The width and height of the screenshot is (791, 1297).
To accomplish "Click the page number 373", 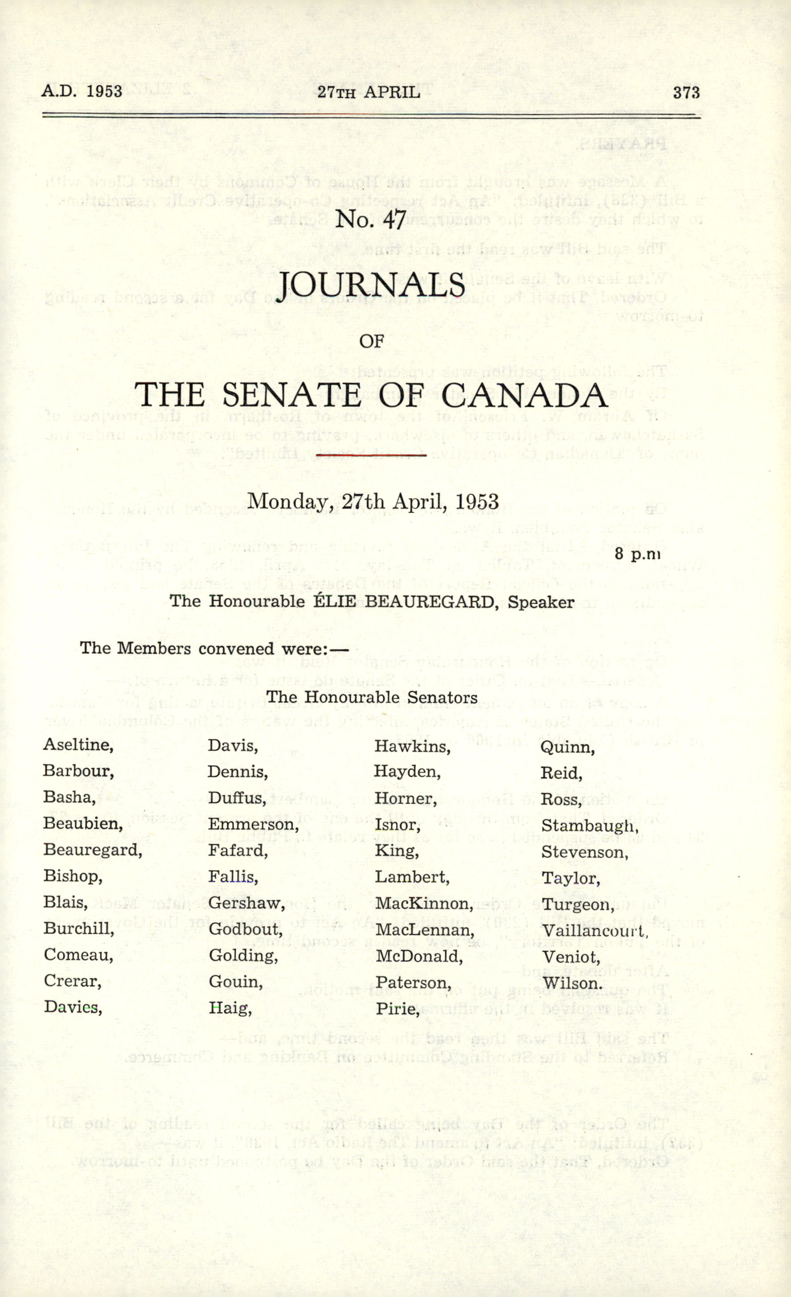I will (686, 93).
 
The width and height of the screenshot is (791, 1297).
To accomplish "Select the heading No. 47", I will (371, 219).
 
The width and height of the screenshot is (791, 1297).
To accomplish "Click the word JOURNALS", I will (371, 285).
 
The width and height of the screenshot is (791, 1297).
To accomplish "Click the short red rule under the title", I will (371, 454).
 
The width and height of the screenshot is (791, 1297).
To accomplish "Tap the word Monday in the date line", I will (286, 501).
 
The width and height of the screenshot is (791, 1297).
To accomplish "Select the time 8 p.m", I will (637, 554).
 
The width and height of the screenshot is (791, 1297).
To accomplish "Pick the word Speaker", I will (541, 601).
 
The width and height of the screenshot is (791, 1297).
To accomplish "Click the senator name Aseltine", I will (78, 745).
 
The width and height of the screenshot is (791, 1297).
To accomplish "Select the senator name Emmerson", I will (252, 824).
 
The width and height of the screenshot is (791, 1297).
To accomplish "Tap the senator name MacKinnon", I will (423, 903).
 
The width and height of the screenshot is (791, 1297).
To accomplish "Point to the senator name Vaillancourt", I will (594, 930).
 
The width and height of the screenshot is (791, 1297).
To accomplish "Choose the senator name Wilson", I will (572, 983).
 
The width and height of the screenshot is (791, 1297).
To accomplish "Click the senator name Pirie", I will (397, 1009).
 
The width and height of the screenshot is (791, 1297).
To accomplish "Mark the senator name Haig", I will (229, 1008).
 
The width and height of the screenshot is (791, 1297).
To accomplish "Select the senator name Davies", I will (72, 1007).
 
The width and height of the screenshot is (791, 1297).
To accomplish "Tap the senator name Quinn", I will (567, 747).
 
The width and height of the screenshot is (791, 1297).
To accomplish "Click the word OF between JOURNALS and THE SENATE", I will (371, 341).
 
